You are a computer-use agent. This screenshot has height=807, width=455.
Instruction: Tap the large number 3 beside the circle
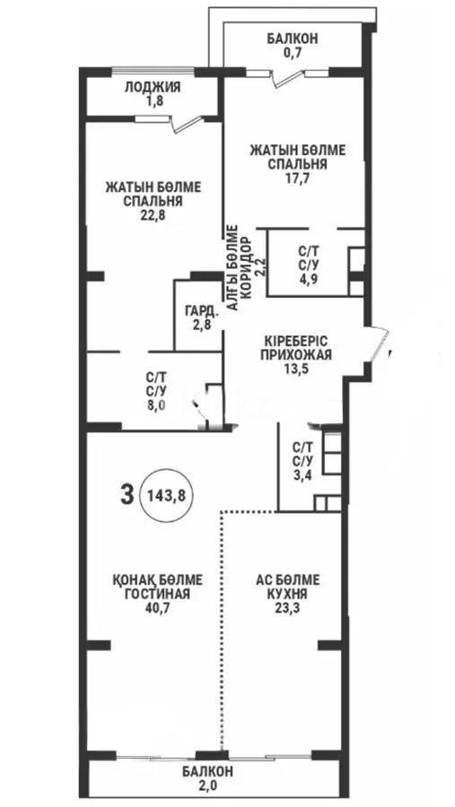127,492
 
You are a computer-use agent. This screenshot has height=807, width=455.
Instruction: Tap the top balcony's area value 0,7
292,53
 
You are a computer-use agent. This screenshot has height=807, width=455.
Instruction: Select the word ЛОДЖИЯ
152,87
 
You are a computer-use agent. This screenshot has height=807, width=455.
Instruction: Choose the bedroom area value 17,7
296,178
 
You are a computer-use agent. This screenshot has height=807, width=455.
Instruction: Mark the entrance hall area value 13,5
298,368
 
